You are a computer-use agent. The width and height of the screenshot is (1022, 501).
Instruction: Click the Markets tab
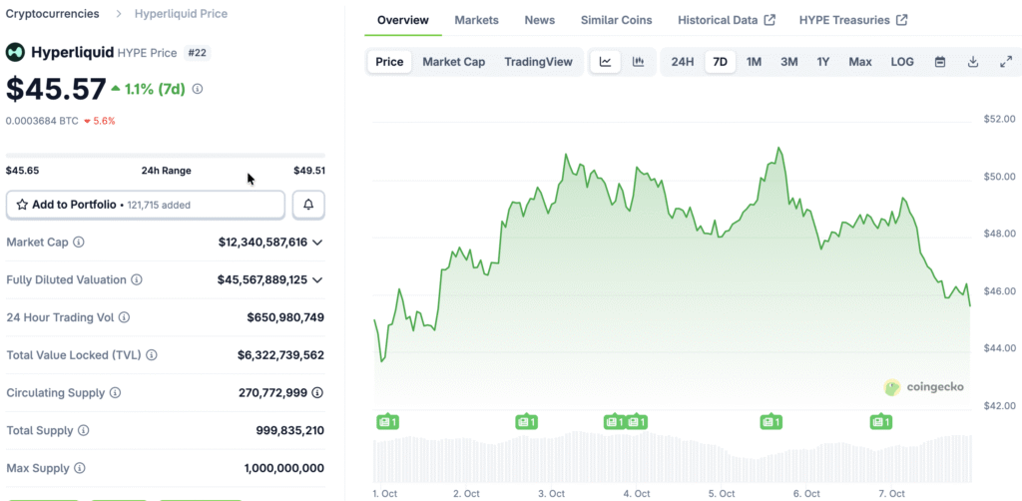click(x=476, y=20)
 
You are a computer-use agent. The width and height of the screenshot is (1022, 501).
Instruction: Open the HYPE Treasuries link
click(x=852, y=20)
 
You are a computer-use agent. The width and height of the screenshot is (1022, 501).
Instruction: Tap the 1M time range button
click(x=754, y=62)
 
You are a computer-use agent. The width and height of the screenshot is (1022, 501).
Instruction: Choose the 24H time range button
click(x=683, y=62)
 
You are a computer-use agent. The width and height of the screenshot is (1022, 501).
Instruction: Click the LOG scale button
click(x=901, y=62)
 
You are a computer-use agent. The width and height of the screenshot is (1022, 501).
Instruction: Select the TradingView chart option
click(x=538, y=62)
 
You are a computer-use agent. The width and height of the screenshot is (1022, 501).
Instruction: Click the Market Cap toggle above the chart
click(x=453, y=62)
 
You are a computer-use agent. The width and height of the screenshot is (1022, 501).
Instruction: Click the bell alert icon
click(x=308, y=205)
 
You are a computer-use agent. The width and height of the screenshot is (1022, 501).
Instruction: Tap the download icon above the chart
click(x=973, y=62)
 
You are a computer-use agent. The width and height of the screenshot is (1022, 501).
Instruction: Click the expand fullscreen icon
click(x=1005, y=62)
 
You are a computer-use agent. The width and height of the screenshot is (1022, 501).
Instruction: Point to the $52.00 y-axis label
click(x=999, y=120)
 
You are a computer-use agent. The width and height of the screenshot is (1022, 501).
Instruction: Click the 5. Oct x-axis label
click(x=721, y=494)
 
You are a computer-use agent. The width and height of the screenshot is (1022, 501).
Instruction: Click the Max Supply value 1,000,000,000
click(x=283, y=468)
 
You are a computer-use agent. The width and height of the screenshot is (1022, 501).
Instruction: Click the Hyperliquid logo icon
click(x=15, y=52)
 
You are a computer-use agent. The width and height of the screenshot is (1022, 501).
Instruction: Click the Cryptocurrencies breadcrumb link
click(x=52, y=14)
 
